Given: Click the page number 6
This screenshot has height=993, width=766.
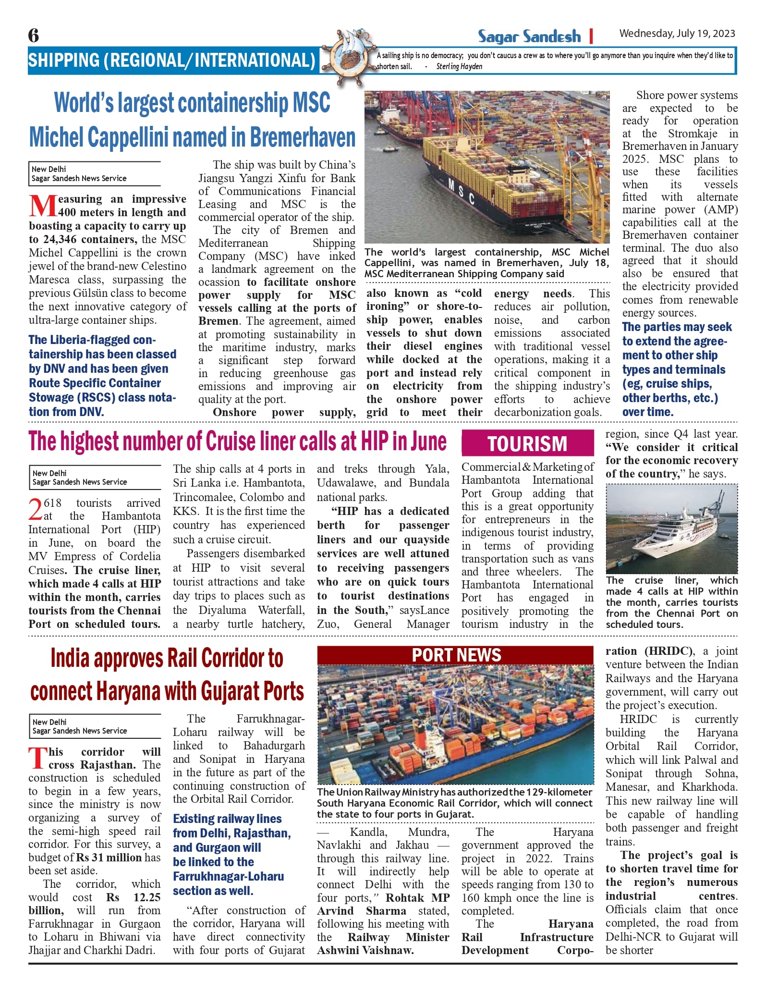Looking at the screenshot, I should (x=34, y=36).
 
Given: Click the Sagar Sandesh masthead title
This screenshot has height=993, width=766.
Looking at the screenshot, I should (x=529, y=37).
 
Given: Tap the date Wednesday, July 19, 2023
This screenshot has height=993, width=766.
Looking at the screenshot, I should (x=677, y=34).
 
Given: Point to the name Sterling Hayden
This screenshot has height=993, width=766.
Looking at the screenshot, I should (x=459, y=67).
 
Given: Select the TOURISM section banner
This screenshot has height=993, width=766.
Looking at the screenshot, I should (x=527, y=443).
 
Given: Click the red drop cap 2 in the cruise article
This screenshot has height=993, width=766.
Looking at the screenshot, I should (x=36, y=509).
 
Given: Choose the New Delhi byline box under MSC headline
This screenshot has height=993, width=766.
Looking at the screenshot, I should (x=94, y=173).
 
